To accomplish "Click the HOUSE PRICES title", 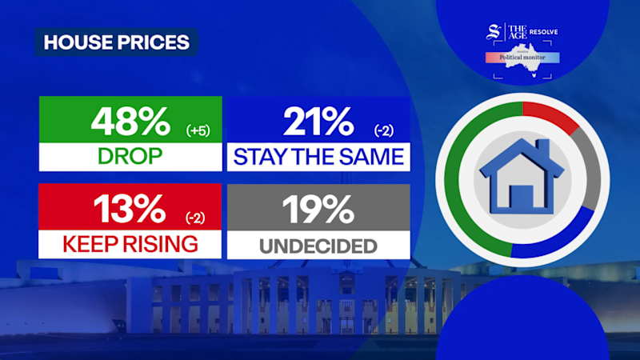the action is [117, 42].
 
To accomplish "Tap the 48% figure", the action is [130, 122].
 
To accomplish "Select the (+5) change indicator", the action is [198, 130].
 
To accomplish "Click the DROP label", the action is [130, 156].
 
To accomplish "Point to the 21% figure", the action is [318, 122].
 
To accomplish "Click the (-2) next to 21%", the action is [384, 130].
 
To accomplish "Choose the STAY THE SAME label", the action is [318, 157].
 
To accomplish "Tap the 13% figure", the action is [130, 209].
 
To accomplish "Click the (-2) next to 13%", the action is [195, 218].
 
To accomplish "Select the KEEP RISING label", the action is [130, 244].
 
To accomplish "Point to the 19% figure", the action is [318, 209].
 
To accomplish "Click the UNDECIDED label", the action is [318, 246].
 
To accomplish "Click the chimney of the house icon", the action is [542, 149].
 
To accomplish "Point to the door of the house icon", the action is [522, 198].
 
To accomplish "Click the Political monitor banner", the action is [522, 58].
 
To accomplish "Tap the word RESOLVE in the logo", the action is [544, 32].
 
